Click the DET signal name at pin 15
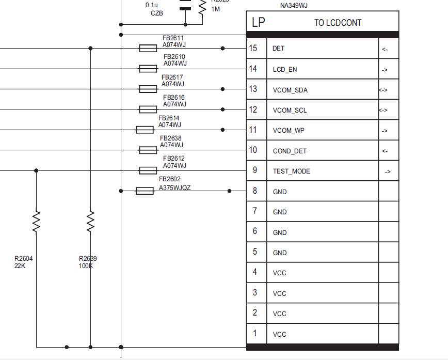(278, 49)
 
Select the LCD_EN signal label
(285, 69)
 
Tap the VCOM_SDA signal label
(290, 90)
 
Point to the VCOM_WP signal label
(289, 131)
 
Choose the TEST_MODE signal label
(292, 171)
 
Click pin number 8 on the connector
(254, 191)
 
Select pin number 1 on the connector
(254, 333)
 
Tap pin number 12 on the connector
(253, 109)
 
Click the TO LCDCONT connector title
(338, 23)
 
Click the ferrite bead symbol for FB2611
(148, 48)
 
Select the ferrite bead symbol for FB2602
(145, 191)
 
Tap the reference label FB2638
(171, 138)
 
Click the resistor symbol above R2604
(36, 221)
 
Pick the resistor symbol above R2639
(90, 221)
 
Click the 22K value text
(20, 266)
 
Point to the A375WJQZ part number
(174, 187)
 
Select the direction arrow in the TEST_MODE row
(388, 171)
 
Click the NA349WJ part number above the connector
(294, 6)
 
